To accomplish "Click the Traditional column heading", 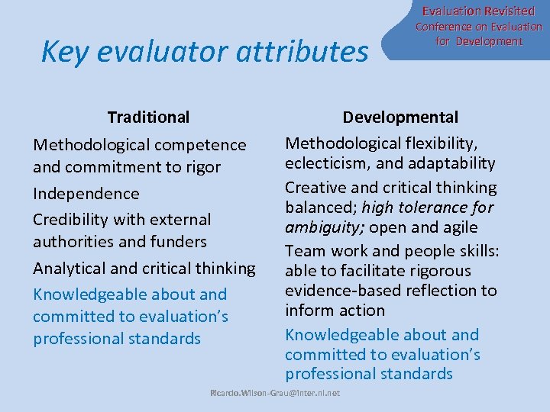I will pos(148,117).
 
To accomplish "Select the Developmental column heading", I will pos(400,117).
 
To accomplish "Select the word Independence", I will pos(86,194).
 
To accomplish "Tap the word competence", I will pos(199,145).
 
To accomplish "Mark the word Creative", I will pos(314,188).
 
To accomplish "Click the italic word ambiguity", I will pos(319,227).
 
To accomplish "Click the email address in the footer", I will pos(275,393).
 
